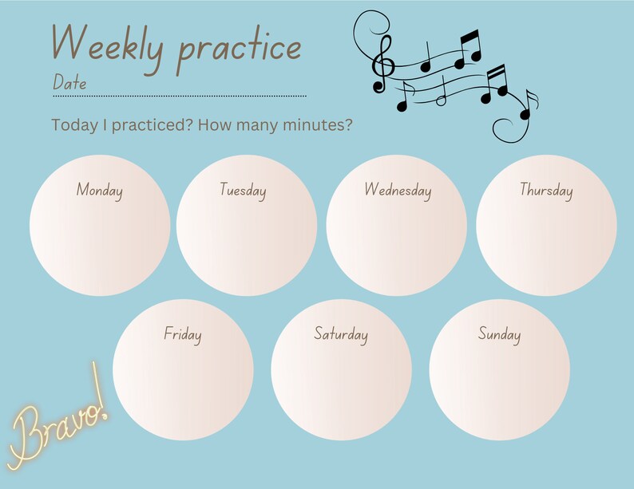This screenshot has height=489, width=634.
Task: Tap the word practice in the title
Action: pyautogui.click(x=240, y=48)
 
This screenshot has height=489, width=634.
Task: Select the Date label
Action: pyautogui.click(x=69, y=82)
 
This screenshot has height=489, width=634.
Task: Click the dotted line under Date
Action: pyautogui.click(x=180, y=96)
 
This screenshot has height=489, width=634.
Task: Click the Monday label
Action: pyautogui.click(x=100, y=190)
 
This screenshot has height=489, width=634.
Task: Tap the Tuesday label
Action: pyautogui.click(x=243, y=190)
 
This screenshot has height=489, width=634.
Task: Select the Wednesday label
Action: pyautogui.click(x=398, y=190)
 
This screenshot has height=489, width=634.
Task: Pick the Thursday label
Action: pyautogui.click(x=546, y=190)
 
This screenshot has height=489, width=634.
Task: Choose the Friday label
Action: pyautogui.click(x=183, y=333)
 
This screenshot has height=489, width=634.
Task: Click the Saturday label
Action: pyautogui.click(x=341, y=333)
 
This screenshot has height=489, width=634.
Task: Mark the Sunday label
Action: pyautogui.click(x=499, y=333)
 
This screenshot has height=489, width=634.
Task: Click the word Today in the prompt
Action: pyautogui.click(x=70, y=125)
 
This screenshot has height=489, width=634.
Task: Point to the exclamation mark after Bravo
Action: pyautogui.click(x=100, y=395)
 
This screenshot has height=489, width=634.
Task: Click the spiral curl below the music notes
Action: pyautogui.click(x=509, y=128)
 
